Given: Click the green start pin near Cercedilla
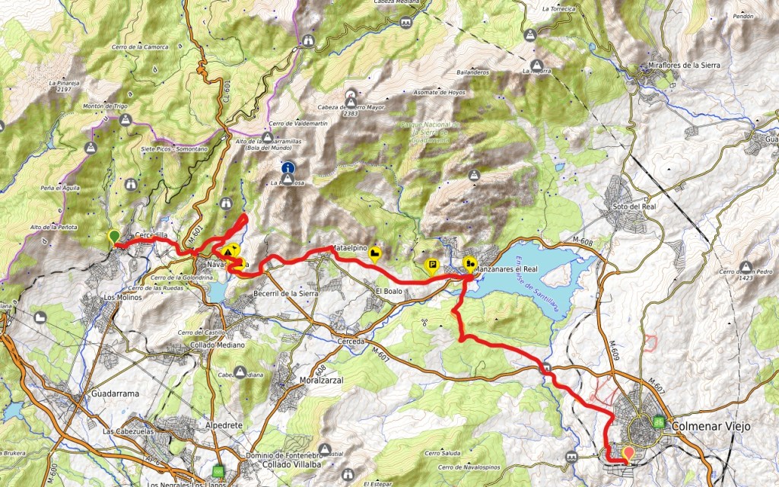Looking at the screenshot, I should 114,237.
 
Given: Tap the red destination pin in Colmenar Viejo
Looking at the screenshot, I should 628,454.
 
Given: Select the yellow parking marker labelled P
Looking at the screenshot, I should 431,266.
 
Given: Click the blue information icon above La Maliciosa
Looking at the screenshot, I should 288,167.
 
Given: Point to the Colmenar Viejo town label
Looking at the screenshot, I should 711,426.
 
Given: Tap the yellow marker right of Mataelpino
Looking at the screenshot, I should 374,255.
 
